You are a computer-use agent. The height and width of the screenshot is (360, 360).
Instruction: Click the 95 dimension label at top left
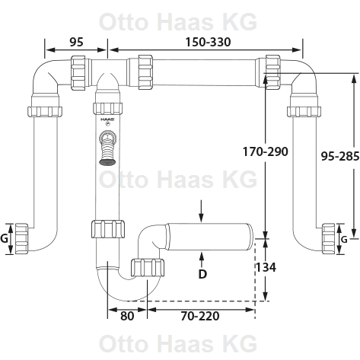(76, 42)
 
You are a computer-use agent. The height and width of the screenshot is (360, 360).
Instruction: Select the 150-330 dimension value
(208, 42)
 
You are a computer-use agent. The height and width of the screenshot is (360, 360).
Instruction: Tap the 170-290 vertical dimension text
(266, 151)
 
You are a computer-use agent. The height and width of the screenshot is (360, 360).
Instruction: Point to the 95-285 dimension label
(340, 156)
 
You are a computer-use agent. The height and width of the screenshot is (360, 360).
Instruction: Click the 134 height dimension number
(266, 267)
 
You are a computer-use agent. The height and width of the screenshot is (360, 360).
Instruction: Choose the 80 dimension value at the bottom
(127, 316)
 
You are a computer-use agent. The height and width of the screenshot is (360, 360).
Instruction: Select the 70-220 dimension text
(200, 316)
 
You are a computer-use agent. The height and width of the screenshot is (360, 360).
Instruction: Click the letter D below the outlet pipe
(202, 274)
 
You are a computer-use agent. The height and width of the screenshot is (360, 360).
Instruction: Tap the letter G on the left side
(4, 238)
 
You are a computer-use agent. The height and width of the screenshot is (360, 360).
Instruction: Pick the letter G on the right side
(344, 240)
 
